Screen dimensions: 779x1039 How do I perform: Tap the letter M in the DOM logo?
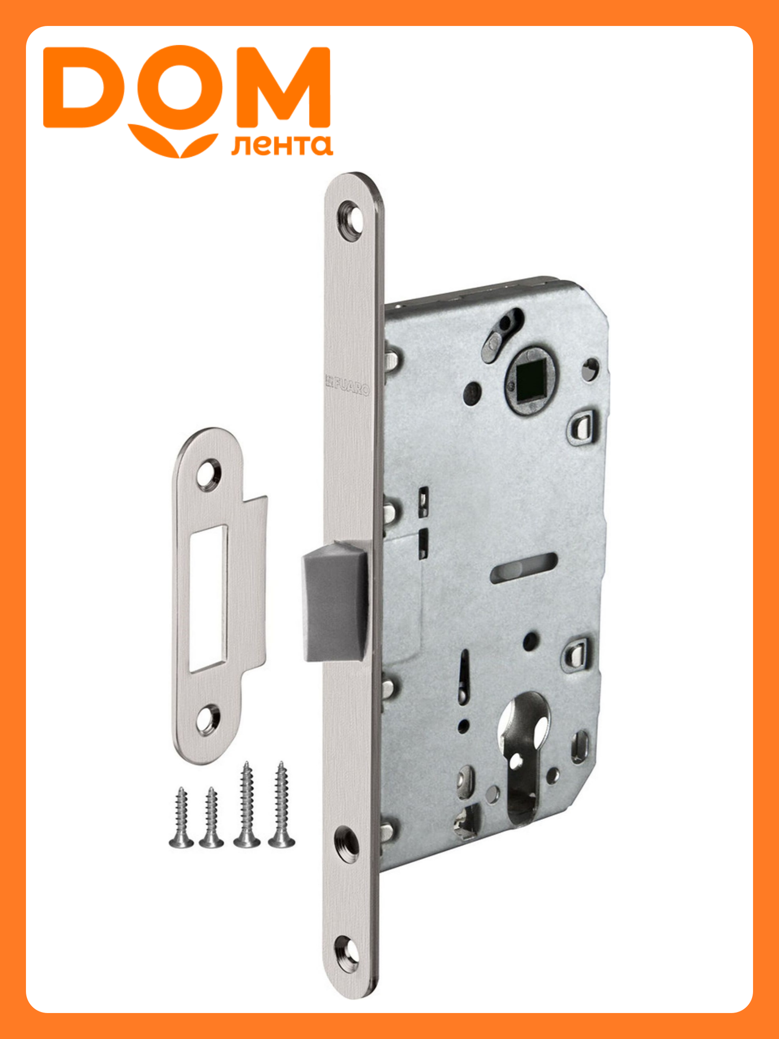[x=284, y=87]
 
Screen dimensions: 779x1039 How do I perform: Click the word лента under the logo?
[x=282, y=146]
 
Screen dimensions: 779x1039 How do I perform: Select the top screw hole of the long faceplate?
[x=351, y=218]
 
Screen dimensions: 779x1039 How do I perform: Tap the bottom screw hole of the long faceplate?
[x=346, y=956]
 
